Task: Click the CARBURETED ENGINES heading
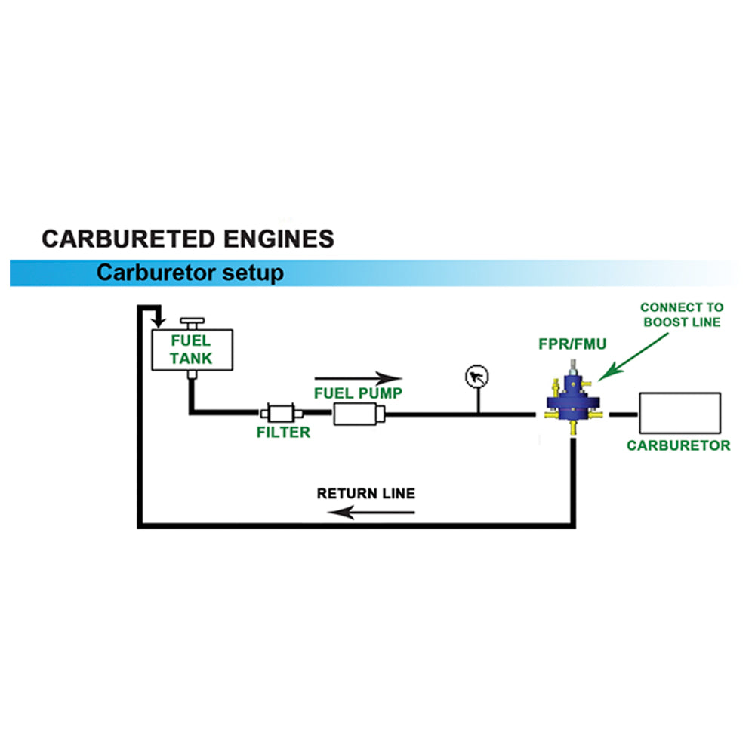pyautogui.click(x=187, y=239)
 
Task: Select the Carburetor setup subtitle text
pyautogui.click(x=190, y=273)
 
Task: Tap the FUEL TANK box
pyautogui.click(x=191, y=349)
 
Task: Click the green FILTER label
pyautogui.click(x=282, y=433)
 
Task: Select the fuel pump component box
pyautogui.click(x=359, y=414)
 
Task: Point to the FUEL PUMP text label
pyautogui.click(x=359, y=393)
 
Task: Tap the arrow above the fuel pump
pyautogui.click(x=359, y=378)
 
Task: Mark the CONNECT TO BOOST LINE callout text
pyautogui.click(x=681, y=314)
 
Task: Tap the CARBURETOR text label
pyautogui.click(x=679, y=445)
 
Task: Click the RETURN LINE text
pyautogui.click(x=365, y=494)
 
